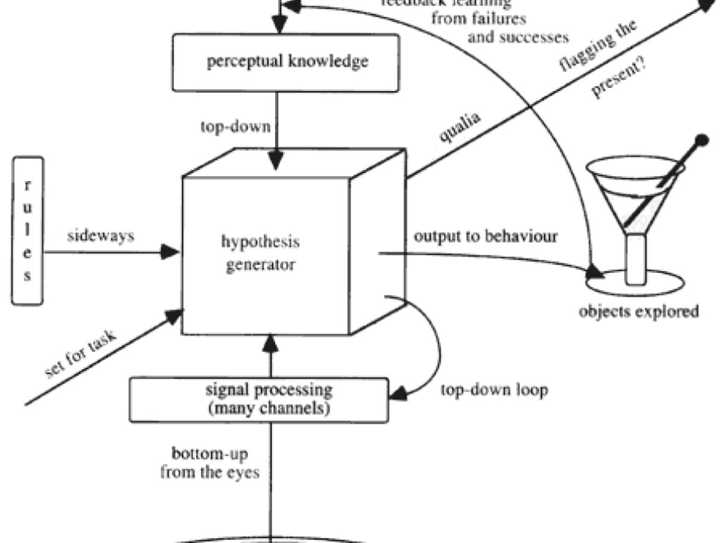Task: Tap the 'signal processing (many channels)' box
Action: point(268,399)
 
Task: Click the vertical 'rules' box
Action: point(27,230)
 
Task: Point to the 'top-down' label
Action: point(235,127)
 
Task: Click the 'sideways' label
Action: point(100,236)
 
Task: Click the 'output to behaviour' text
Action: point(486,236)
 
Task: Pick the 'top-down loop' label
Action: point(494,390)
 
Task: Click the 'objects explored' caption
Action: point(638,311)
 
